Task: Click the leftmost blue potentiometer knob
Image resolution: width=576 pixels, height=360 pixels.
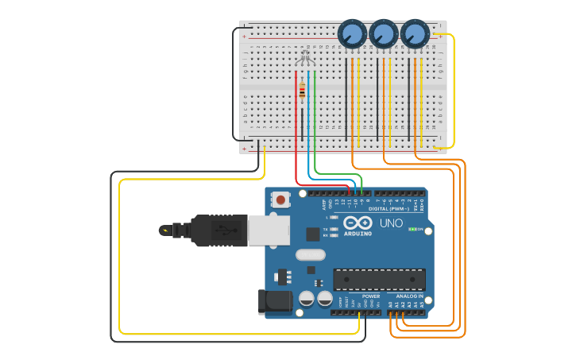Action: pos(352,34)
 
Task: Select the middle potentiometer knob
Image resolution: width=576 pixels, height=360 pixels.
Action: pos(384,34)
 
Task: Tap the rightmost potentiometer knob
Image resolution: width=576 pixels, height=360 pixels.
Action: pos(414,34)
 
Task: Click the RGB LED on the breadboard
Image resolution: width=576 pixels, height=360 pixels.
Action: pos(305,57)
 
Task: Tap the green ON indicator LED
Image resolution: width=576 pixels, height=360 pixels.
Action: pos(412,229)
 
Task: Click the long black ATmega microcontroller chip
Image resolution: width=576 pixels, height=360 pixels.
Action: pos(379,280)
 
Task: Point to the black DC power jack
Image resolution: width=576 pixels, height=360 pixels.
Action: pos(273,301)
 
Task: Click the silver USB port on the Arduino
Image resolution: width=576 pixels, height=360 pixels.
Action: pos(269,230)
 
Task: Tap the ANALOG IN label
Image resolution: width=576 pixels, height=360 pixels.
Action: pos(410,296)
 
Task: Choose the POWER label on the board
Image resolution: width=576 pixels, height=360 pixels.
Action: pos(371,296)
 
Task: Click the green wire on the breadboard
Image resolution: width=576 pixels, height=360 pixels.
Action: pos(315,119)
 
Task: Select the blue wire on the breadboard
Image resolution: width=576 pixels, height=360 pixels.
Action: pos(308,119)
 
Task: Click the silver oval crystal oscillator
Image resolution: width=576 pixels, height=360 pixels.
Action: pos(310,255)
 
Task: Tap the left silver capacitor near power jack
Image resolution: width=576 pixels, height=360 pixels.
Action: pos(307,299)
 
